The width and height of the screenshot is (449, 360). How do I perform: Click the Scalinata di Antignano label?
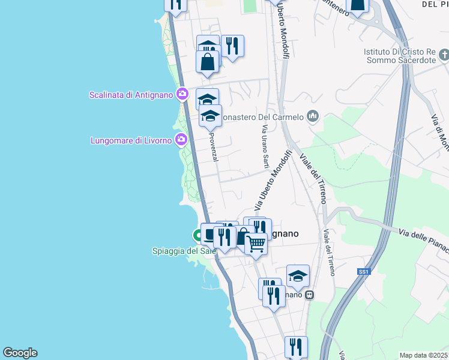coord(131,95)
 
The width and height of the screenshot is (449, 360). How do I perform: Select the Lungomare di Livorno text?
coord(131,140)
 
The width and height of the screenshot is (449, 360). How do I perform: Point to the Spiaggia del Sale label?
coord(184,250)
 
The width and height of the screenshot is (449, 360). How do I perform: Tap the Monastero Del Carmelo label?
coord(262,117)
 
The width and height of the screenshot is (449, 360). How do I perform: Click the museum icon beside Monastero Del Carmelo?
coord(312,116)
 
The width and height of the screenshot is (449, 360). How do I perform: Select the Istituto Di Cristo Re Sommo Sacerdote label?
coord(399,56)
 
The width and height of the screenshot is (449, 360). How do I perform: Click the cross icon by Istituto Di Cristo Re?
coord(444,56)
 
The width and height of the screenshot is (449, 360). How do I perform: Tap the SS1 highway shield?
coord(363,272)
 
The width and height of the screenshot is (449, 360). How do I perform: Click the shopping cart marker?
coord(256,243)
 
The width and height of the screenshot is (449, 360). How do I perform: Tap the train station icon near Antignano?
coord(310,295)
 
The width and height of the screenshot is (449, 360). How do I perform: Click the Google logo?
coord(20,353)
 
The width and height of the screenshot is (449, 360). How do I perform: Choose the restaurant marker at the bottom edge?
coord(296,346)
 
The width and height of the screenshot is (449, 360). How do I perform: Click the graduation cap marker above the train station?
coord(298,275)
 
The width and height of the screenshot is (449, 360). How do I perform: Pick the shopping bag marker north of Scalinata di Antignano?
coord(207,61)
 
